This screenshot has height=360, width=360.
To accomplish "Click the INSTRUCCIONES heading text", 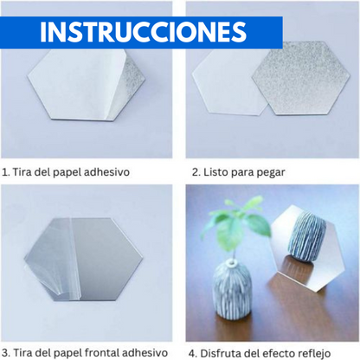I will pos(143,31).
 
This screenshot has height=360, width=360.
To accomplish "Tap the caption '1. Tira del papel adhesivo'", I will pos(67,171).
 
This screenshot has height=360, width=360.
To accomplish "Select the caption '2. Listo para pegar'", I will pos(239,171).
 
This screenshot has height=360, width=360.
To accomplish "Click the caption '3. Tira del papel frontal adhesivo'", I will pos(84,351).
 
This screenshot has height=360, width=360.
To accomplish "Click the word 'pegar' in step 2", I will pos(271,171).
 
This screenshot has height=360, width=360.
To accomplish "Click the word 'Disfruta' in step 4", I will pos(224,351).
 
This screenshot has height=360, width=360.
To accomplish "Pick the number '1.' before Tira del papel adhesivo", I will pos(6,171).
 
